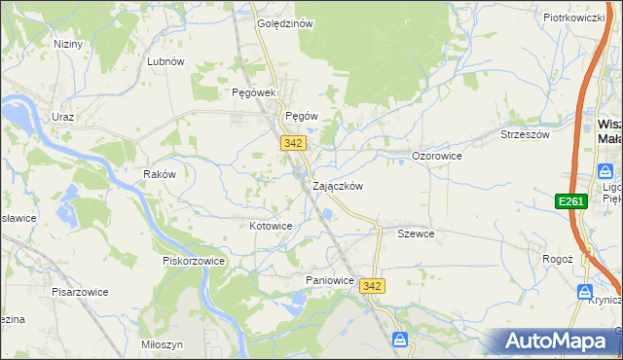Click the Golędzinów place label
(284, 24)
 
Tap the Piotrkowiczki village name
(574, 18)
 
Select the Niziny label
(68, 44)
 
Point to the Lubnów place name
(165, 61)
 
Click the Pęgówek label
(255, 92)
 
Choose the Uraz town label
(63, 116)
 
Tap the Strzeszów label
(525, 135)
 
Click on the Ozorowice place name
(436, 156)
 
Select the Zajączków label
(338, 186)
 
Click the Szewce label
(416, 234)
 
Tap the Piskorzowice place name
(194, 261)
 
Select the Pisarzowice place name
(80, 291)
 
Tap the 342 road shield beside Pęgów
(294, 143)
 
